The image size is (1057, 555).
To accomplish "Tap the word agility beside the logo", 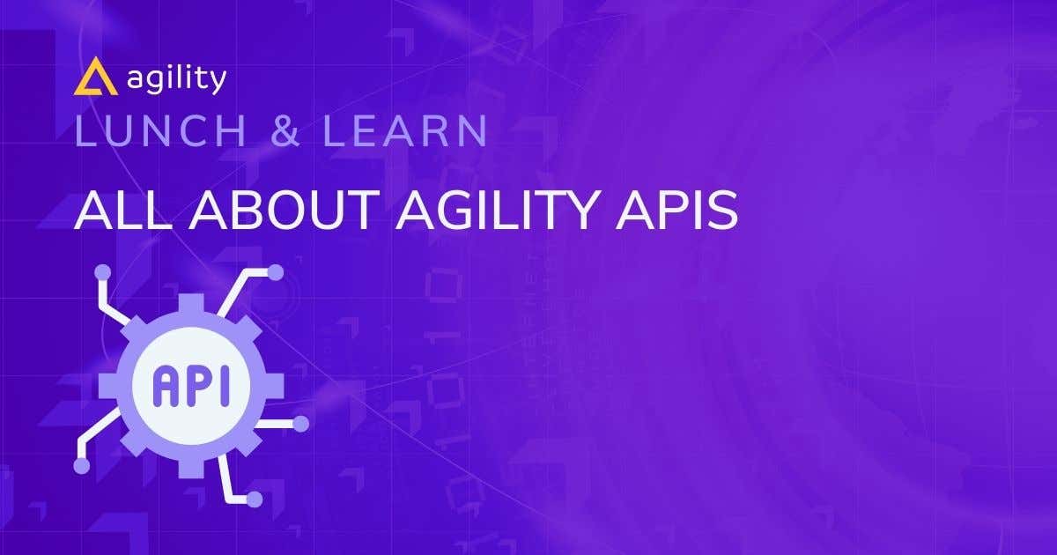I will coord(176,79).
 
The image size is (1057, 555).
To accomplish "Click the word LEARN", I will coord(404,131).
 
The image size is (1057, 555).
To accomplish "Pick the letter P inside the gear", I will coord(196,386).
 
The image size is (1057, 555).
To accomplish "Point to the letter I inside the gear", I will coord(222,386).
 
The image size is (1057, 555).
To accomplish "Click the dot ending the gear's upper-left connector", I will coord(103,271).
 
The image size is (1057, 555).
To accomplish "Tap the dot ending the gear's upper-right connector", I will coord(276,271).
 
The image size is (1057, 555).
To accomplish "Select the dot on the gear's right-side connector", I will coord(300,424).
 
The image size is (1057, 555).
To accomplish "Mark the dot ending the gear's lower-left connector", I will coord(82,466).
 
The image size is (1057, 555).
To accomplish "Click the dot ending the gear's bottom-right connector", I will coord(255,499).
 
